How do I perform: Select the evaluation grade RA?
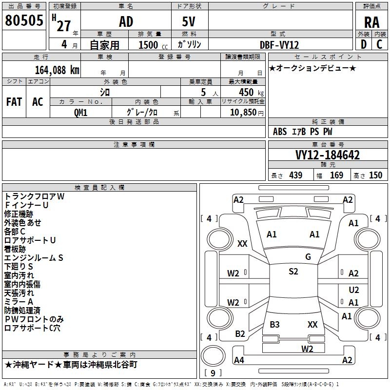372,22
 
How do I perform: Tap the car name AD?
126,22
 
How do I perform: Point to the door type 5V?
190,22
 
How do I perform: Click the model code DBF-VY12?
279,44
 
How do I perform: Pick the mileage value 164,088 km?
57,70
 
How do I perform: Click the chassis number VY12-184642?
328,155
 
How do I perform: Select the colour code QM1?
81,112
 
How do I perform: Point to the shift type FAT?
14,102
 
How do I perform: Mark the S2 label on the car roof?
293,272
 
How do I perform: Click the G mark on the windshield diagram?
308,257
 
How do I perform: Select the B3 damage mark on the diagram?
275,324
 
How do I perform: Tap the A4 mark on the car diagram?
239,360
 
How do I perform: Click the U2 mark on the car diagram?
354,290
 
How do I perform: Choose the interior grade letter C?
380,44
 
